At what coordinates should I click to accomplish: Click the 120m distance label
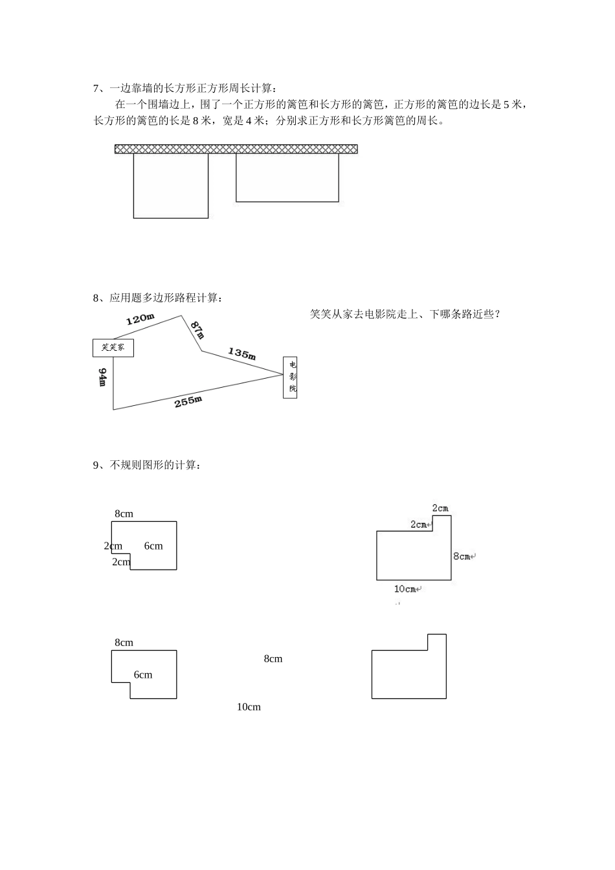point(140,319)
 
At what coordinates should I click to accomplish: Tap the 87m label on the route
point(197,329)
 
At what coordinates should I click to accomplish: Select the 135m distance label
point(241,353)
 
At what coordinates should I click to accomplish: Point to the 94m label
point(102,377)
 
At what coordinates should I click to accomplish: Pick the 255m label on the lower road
point(188,401)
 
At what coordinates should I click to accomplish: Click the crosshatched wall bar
point(236,149)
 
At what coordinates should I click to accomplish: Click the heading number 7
point(96,89)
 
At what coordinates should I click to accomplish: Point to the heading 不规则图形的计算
point(153,465)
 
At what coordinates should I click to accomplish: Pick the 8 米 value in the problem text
point(201,121)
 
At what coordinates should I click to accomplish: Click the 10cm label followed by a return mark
point(407,589)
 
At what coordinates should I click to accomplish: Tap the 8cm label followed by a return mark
point(464,557)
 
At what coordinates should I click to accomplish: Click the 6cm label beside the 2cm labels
point(153,546)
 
